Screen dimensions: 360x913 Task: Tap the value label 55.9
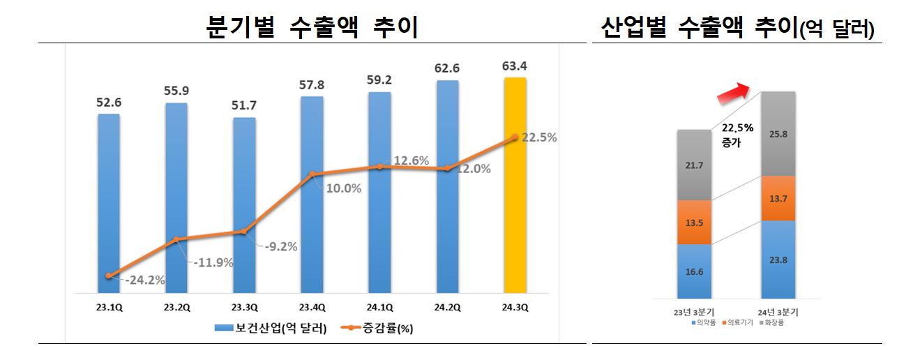[176, 91]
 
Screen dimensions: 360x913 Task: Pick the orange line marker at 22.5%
[515, 138]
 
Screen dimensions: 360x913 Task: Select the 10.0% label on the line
[342, 188]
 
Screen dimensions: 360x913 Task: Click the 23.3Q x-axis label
[244, 306]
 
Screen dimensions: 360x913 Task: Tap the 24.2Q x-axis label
[447, 306]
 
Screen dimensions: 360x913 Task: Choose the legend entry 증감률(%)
[372, 327]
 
